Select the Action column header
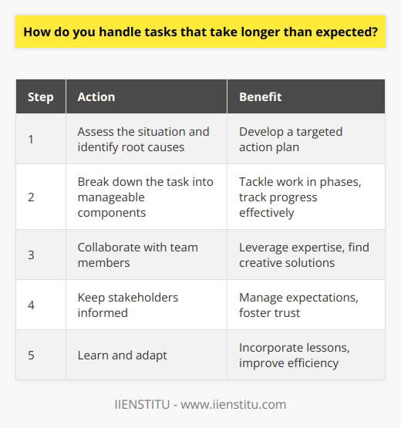(96, 98)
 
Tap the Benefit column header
(261, 98)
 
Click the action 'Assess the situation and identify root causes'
(137, 140)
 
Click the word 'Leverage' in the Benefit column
(263, 248)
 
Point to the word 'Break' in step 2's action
(93, 184)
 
